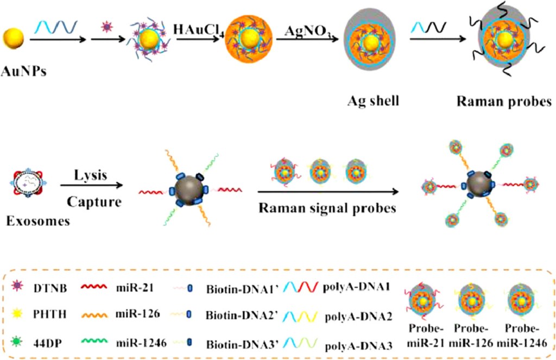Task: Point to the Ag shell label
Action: [369, 102]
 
